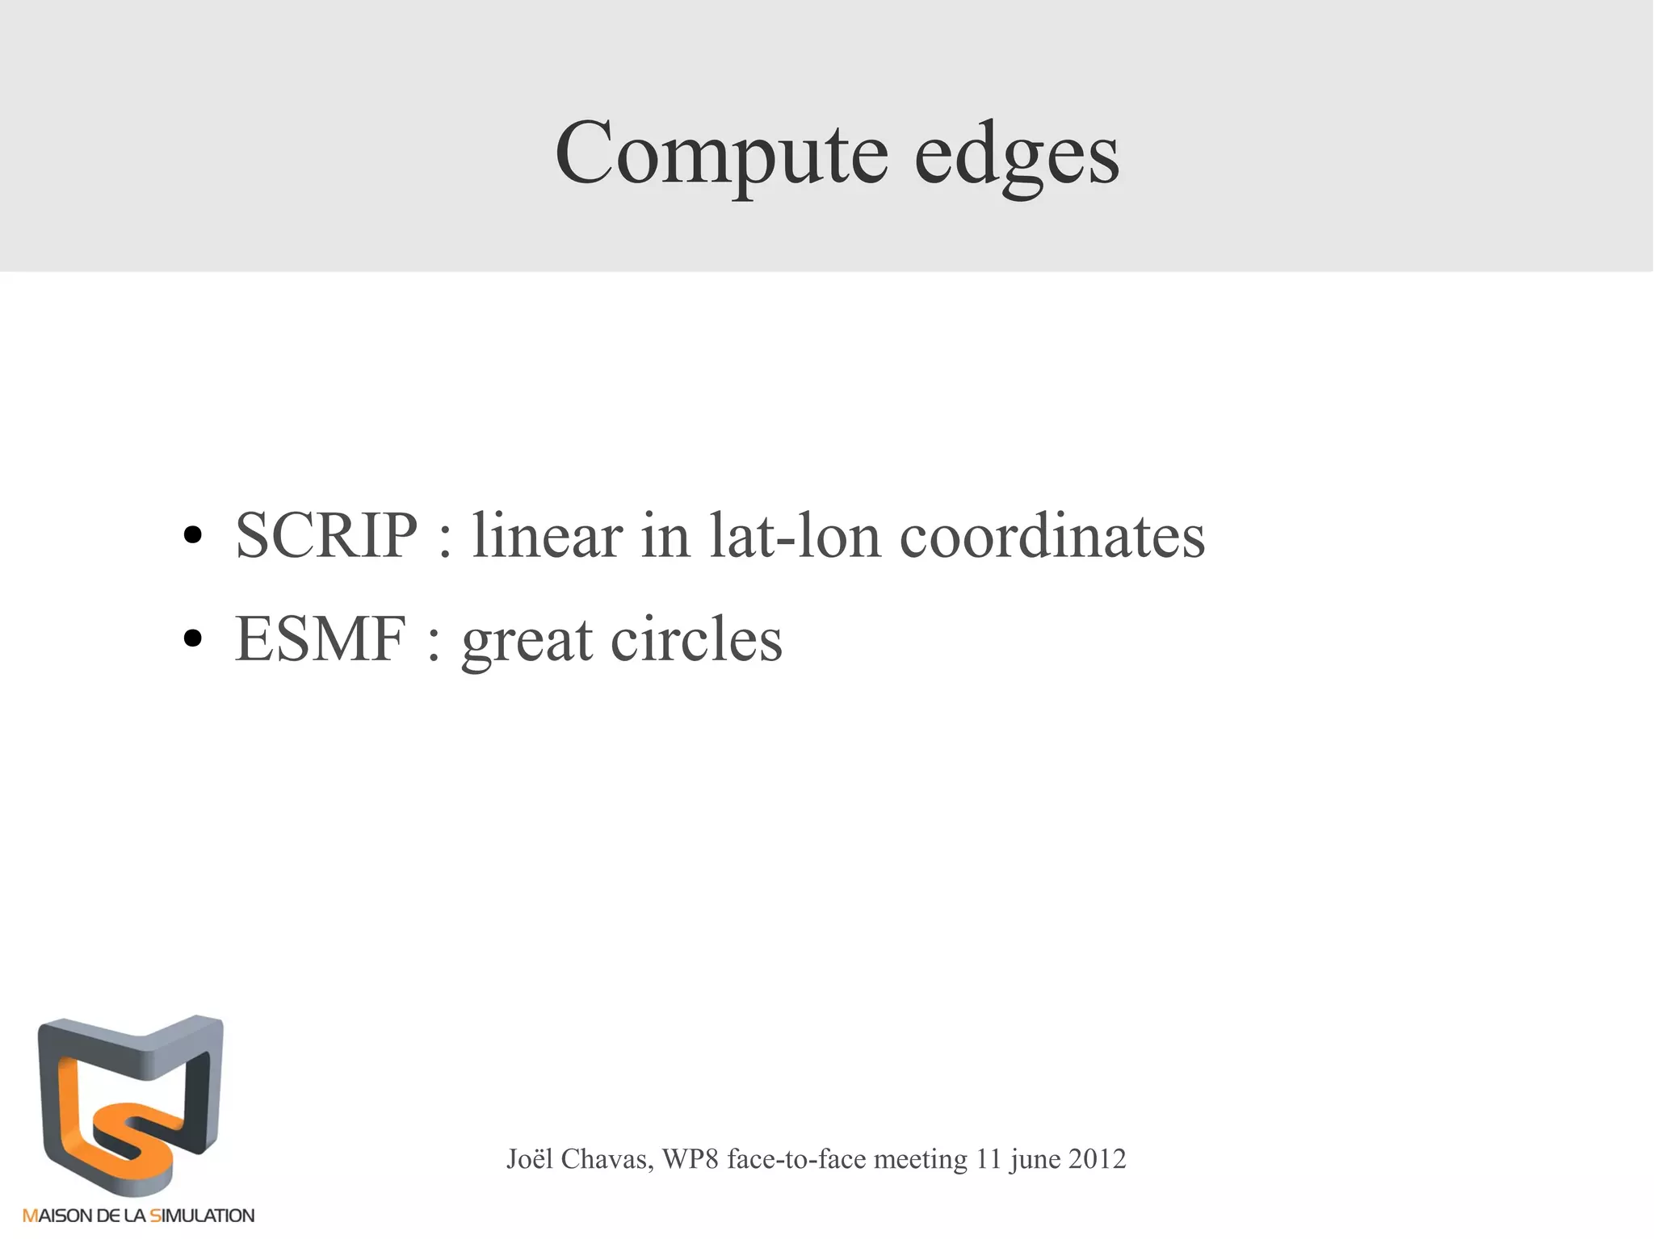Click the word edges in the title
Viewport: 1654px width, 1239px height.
pyautogui.click(x=1017, y=153)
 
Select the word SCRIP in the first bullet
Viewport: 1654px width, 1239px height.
pyautogui.click(x=326, y=535)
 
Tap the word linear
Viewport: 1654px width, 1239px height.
pyautogui.click(x=547, y=535)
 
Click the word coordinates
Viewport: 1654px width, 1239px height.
pyautogui.click(x=1052, y=535)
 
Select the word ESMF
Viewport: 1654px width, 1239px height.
pyautogui.click(x=321, y=638)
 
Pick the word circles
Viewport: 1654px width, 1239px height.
pyautogui.click(x=696, y=638)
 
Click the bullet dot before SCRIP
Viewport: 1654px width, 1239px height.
pyautogui.click(x=192, y=537)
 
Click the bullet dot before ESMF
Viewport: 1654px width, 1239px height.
pyautogui.click(x=192, y=639)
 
